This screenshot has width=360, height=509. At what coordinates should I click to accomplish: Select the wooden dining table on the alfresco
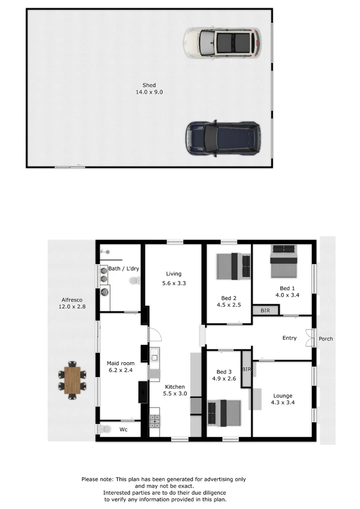click(x=73, y=381)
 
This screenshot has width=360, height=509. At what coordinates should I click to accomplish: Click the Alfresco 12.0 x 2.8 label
click(x=73, y=303)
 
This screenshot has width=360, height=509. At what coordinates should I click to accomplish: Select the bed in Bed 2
click(x=234, y=267)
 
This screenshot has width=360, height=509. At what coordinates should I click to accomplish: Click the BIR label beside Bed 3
click(x=246, y=369)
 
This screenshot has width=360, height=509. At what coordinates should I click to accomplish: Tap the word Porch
click(x=326, y=338)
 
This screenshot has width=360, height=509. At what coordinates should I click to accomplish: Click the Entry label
click(x=289, y=338)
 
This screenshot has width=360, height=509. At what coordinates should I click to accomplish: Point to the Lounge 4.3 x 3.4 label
click(x=283, y=399)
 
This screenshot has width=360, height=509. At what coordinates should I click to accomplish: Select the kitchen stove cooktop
click(x=155, y=420)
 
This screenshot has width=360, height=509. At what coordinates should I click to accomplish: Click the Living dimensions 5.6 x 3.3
click(x=173, y=283)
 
